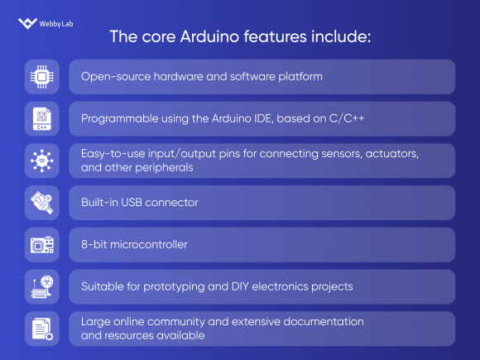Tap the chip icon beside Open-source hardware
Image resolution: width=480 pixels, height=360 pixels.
tap(41, 76)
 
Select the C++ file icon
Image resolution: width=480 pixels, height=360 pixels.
tap(41, 118)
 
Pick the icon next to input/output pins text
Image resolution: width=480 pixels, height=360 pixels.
tap(41, 161)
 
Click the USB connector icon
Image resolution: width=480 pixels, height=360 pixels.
tap(41, 203)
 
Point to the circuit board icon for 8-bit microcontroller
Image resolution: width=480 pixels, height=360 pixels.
tap(41, 245)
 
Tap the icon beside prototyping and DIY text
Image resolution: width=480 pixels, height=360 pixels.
tap(41, 286)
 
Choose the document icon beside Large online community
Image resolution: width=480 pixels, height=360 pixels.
tap(41, 329)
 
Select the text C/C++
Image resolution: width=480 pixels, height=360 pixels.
tap(344, 118)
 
